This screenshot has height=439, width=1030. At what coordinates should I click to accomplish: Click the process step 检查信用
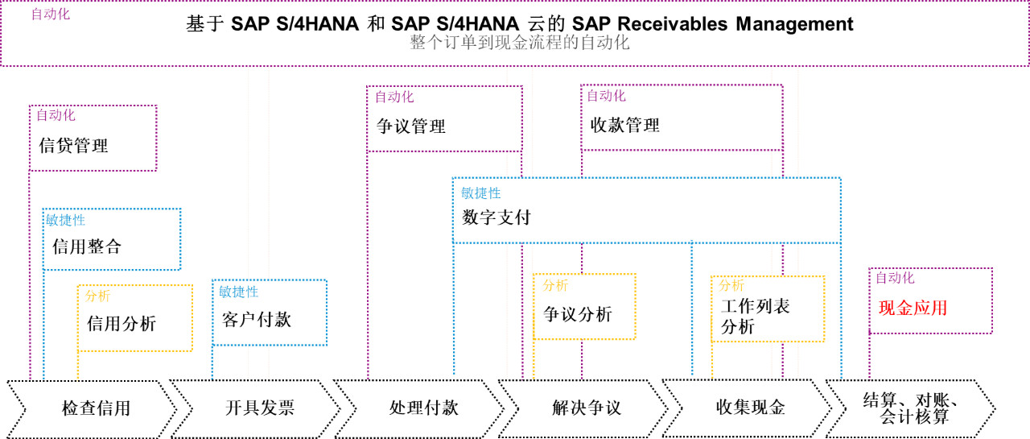[x=96, y=408]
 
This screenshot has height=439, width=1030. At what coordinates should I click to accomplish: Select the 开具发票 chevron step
[x=260, y=408]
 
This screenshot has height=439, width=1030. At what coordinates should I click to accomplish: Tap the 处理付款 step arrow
[x=423, y=408]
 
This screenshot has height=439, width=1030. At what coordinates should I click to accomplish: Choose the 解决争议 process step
[x=587, y=408]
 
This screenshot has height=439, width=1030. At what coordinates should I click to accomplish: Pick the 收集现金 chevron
[x=750, y=408]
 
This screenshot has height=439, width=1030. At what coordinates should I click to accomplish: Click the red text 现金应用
[x=913, y=308]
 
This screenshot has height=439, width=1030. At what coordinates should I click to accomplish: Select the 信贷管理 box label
[x=73, y=146]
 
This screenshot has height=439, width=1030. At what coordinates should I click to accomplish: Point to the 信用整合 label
[x=87, y=246]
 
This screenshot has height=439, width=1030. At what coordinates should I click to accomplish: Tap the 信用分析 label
[x=122, y=324]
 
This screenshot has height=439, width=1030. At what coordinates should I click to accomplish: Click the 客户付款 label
[x=257, y=319]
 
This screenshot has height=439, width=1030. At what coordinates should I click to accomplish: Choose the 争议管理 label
[x=411, y=126]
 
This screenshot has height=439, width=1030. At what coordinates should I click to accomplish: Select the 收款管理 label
[x=625, y=125]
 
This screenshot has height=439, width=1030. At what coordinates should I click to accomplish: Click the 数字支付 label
[x=496, y=217]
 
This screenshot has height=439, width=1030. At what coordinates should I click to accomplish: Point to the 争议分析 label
[x=578, y=314]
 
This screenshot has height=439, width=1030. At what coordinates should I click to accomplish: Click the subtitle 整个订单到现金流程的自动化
[x=520, y=43]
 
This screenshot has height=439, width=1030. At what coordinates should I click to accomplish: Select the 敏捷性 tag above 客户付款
[x=238, y=292]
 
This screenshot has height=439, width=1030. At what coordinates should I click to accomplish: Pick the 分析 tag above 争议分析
[x=555, y=285]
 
